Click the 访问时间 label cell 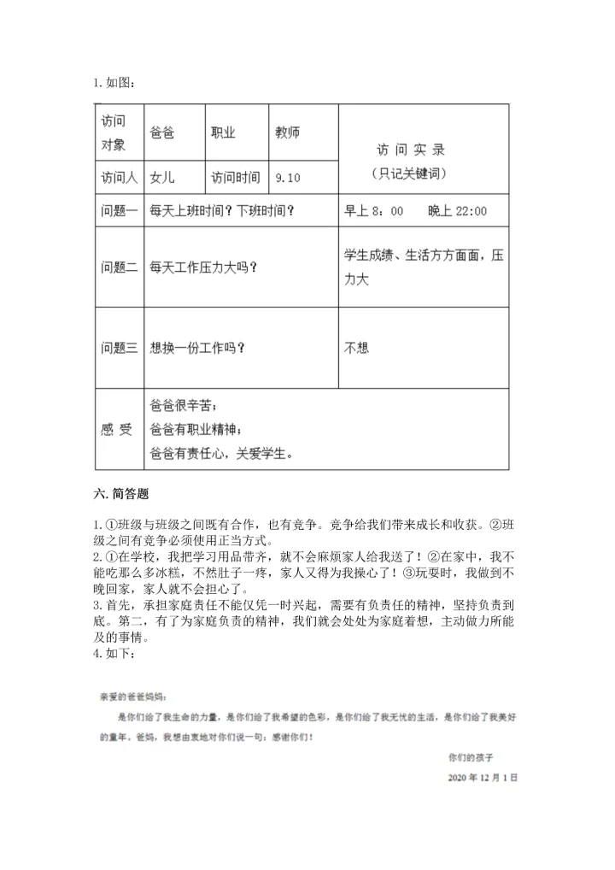coord(236,178)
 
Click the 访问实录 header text coord(411,150)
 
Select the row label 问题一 coord(119,210)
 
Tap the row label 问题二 coord(119,267)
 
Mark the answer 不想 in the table coord(356,347)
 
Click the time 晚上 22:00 coord(458,210)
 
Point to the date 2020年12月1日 coord(483,779)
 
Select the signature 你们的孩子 coord(471,757)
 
